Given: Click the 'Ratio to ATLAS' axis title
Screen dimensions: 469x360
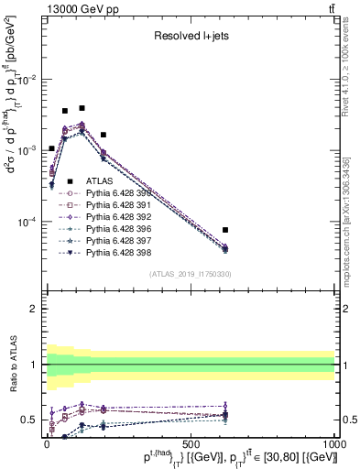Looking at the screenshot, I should (x=12, y=365).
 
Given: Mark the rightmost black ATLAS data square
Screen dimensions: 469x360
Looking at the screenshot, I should (x=225, y=230).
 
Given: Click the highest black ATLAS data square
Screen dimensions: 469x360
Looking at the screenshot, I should (x=82, y=108).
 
